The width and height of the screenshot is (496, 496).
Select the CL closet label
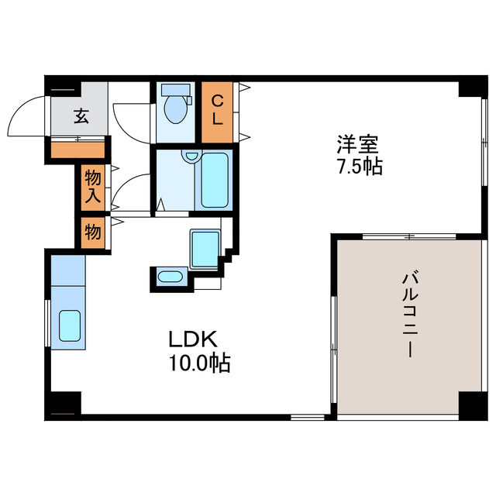218,110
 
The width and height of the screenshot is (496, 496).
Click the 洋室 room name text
357,143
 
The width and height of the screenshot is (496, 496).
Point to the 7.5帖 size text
358,166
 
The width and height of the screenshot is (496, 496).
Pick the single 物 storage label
92,231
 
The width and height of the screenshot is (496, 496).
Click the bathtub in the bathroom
215,181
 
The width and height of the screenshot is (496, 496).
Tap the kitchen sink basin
71,325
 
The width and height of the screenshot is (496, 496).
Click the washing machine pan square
205,248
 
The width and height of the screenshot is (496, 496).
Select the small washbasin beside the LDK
170,277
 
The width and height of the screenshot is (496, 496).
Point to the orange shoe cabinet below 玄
77,150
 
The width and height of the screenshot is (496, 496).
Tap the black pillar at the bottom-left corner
65,404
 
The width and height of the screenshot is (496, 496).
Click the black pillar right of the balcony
470,403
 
